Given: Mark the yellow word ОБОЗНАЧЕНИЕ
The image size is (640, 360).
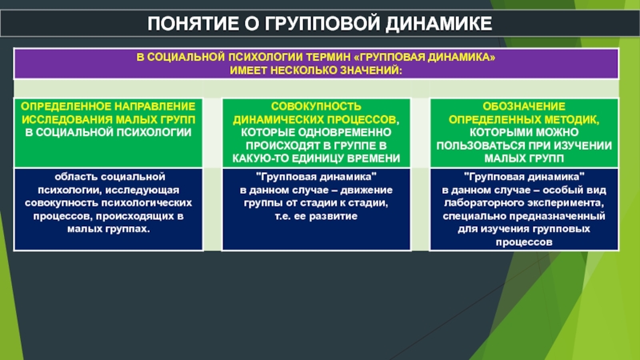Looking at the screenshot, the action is point(524,106).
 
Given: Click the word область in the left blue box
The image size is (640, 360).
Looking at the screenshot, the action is point(76,177).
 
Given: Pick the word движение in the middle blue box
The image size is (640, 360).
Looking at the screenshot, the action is point(367,190).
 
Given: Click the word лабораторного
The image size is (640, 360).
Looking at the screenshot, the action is point(484,203).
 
